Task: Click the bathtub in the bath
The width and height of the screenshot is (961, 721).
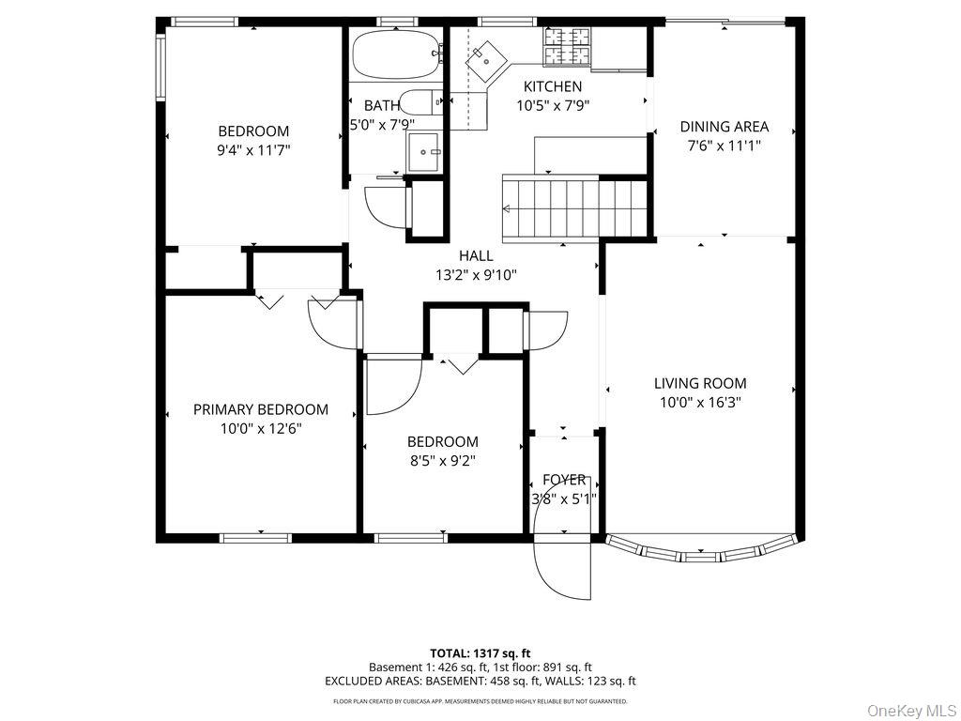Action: (x=395, y=54)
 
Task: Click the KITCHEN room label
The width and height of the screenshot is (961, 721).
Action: (x=552, y=87)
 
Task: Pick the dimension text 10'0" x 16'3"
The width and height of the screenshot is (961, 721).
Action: (x=700, y=402)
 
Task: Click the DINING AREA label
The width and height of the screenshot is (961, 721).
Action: (x=724, y=127)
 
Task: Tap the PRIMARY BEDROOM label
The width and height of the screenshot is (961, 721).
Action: (x=261, y=409)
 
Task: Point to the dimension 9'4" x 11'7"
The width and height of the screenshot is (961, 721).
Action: (x=253, y=149)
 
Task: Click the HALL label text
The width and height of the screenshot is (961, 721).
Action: (x=476, y=255)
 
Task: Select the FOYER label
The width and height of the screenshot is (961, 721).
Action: (x=564, y=480)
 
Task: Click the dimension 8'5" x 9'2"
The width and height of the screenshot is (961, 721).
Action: (x=442, y=460)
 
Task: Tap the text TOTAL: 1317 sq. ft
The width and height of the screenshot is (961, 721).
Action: (x=480, y=652)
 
